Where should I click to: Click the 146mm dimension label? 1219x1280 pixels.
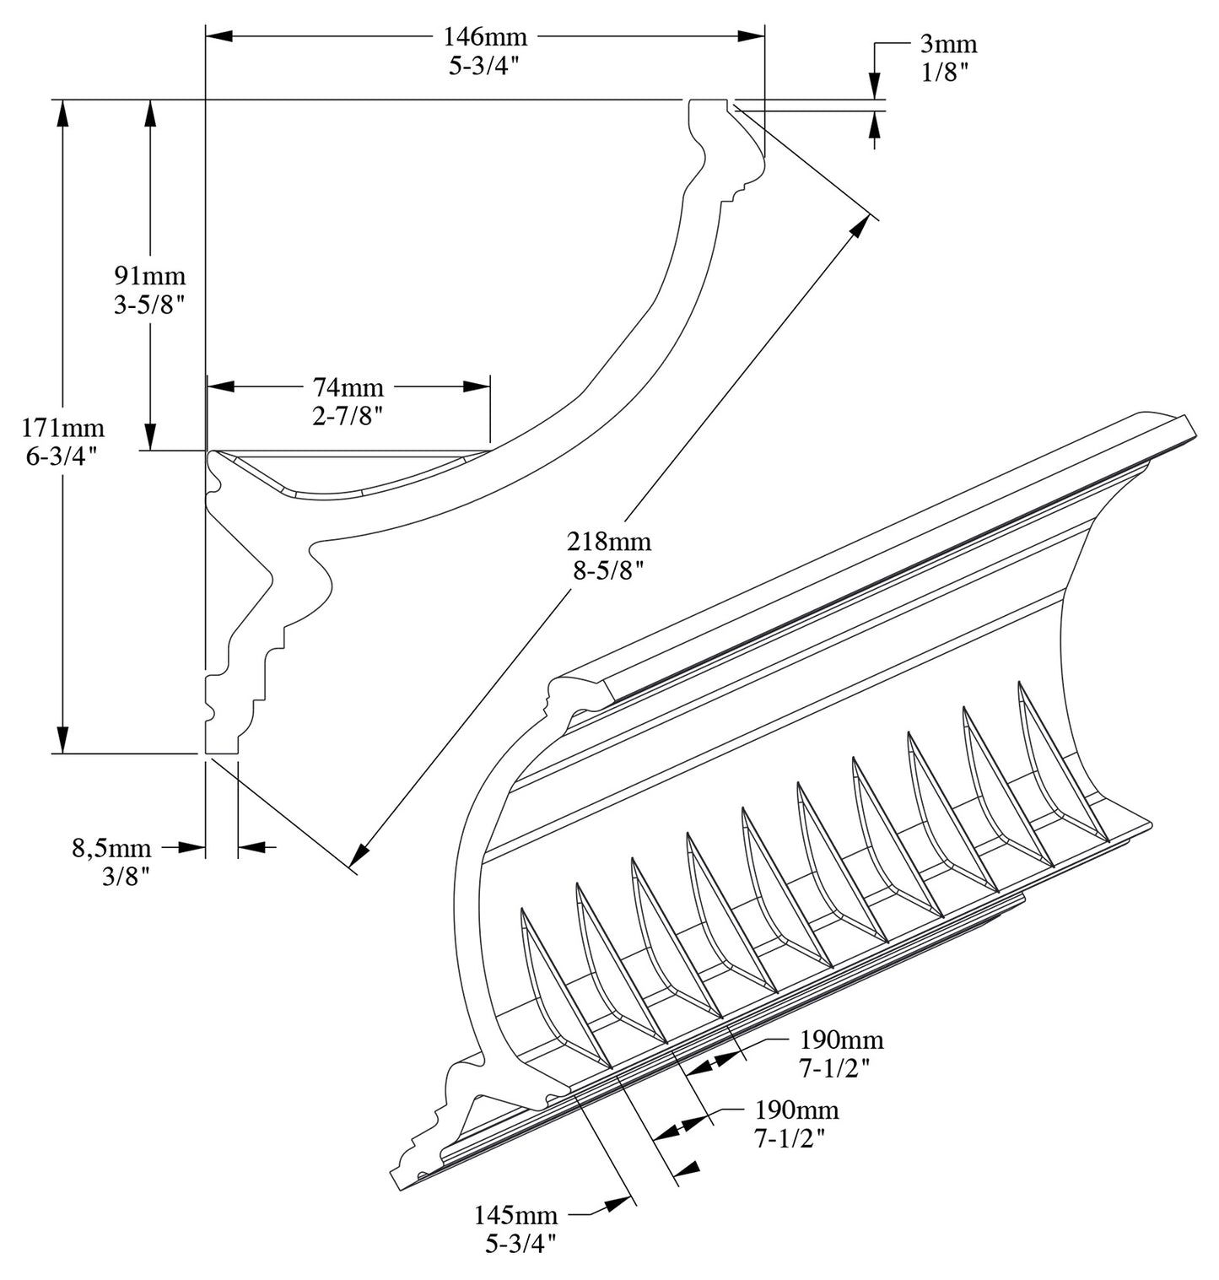(484, 37)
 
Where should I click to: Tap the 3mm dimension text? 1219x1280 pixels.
(949, 45)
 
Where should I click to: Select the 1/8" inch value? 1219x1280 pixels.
(944, 73)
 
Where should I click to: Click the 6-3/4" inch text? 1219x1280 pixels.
(62, 456)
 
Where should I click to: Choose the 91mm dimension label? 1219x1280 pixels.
(149, 276)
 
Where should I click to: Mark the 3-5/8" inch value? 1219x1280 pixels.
(149, 305)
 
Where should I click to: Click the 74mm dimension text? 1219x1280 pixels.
(348, 387)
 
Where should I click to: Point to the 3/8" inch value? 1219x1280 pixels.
(125, 876)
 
